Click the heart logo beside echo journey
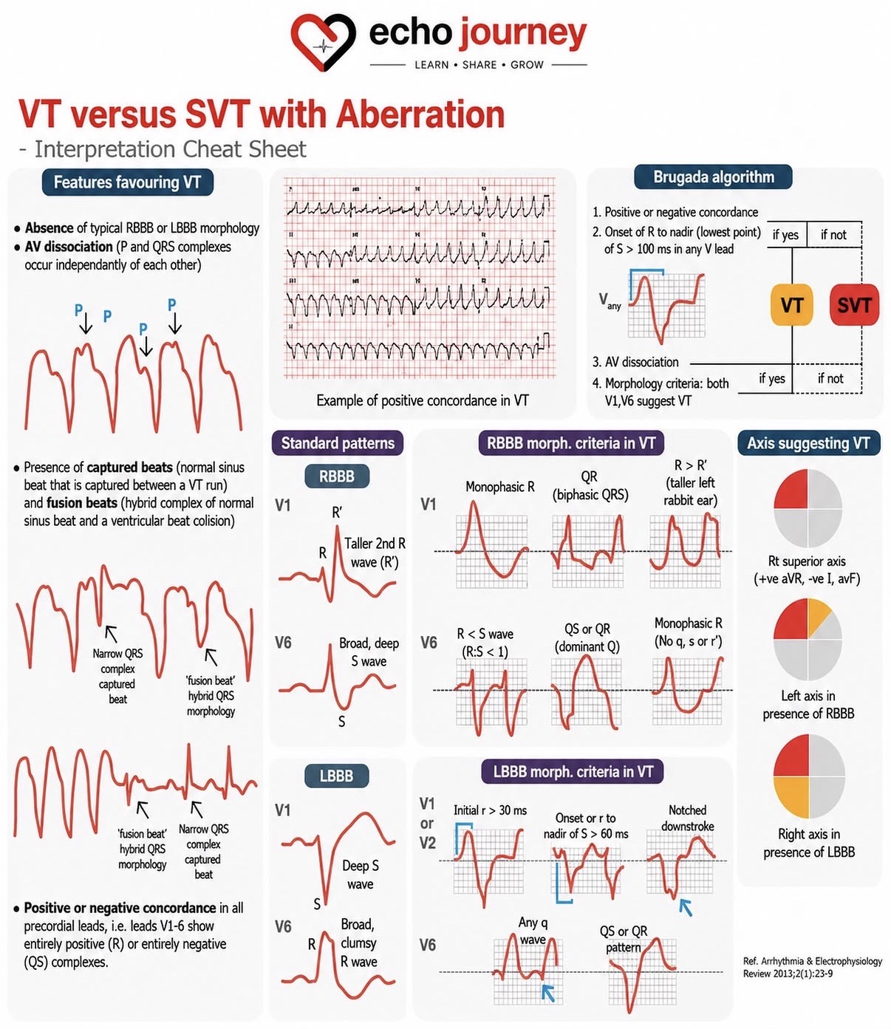[x=324, y=42]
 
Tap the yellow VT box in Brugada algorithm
[x=791, y=305]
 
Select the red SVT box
[x=854, y=305]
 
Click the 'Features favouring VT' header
[x=128, y=182]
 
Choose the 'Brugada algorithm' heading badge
[x=713, y=177]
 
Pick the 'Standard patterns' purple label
[x=338, y=442]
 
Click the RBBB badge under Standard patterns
[x=337, y=476]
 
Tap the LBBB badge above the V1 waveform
[x=337, y=776]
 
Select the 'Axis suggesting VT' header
[x=808, y=442]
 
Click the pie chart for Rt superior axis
[x=808, y=508]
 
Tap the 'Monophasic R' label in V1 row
[x=500, y=486]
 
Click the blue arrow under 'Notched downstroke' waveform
[x=686, y=907]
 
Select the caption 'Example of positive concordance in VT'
[x=423, y=400]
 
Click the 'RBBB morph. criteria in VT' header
[x=571, y=442]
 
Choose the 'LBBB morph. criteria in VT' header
[x=573, y=772]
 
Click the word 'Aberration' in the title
[x=420, y=114]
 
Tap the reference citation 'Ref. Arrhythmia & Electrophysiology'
[x=812, y=961]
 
